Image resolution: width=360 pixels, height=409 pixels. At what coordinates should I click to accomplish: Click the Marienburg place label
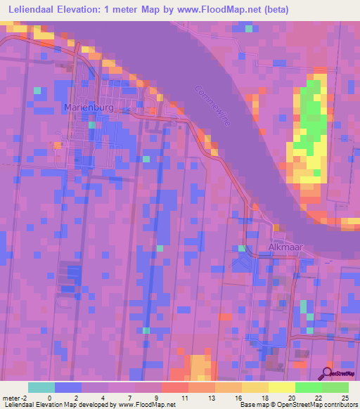87,108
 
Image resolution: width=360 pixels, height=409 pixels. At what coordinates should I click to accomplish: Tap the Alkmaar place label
285,247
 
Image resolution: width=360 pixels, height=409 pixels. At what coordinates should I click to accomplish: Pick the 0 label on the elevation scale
49,398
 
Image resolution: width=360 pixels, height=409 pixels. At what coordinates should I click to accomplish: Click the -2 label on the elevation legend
26,398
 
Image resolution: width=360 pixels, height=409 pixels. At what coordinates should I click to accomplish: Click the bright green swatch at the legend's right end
335,387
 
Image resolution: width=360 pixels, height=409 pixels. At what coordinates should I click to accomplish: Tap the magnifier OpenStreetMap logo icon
327,373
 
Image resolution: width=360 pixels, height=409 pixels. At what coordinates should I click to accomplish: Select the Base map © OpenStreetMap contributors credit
298,405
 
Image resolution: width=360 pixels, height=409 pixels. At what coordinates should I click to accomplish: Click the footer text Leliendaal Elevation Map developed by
58,405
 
